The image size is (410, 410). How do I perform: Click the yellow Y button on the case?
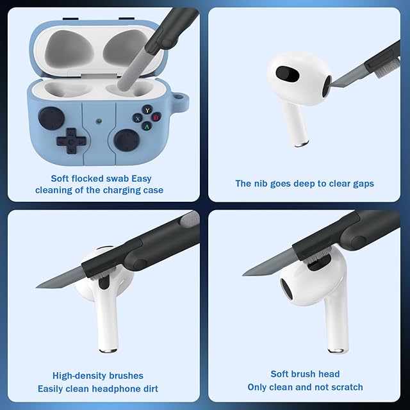147,110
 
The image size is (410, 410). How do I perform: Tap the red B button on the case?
156,117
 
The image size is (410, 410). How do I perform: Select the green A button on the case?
147,127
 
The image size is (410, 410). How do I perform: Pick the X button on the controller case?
138,119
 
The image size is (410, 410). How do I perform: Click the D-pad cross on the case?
71,141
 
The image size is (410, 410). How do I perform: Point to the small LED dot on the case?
99,121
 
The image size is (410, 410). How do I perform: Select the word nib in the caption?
261,184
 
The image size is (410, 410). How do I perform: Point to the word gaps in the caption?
364,184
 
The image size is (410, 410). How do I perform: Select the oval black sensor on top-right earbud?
288,74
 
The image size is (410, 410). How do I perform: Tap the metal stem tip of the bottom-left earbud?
108,350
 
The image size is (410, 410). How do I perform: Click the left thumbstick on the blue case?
51,118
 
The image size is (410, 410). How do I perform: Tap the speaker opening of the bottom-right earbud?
286,289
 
